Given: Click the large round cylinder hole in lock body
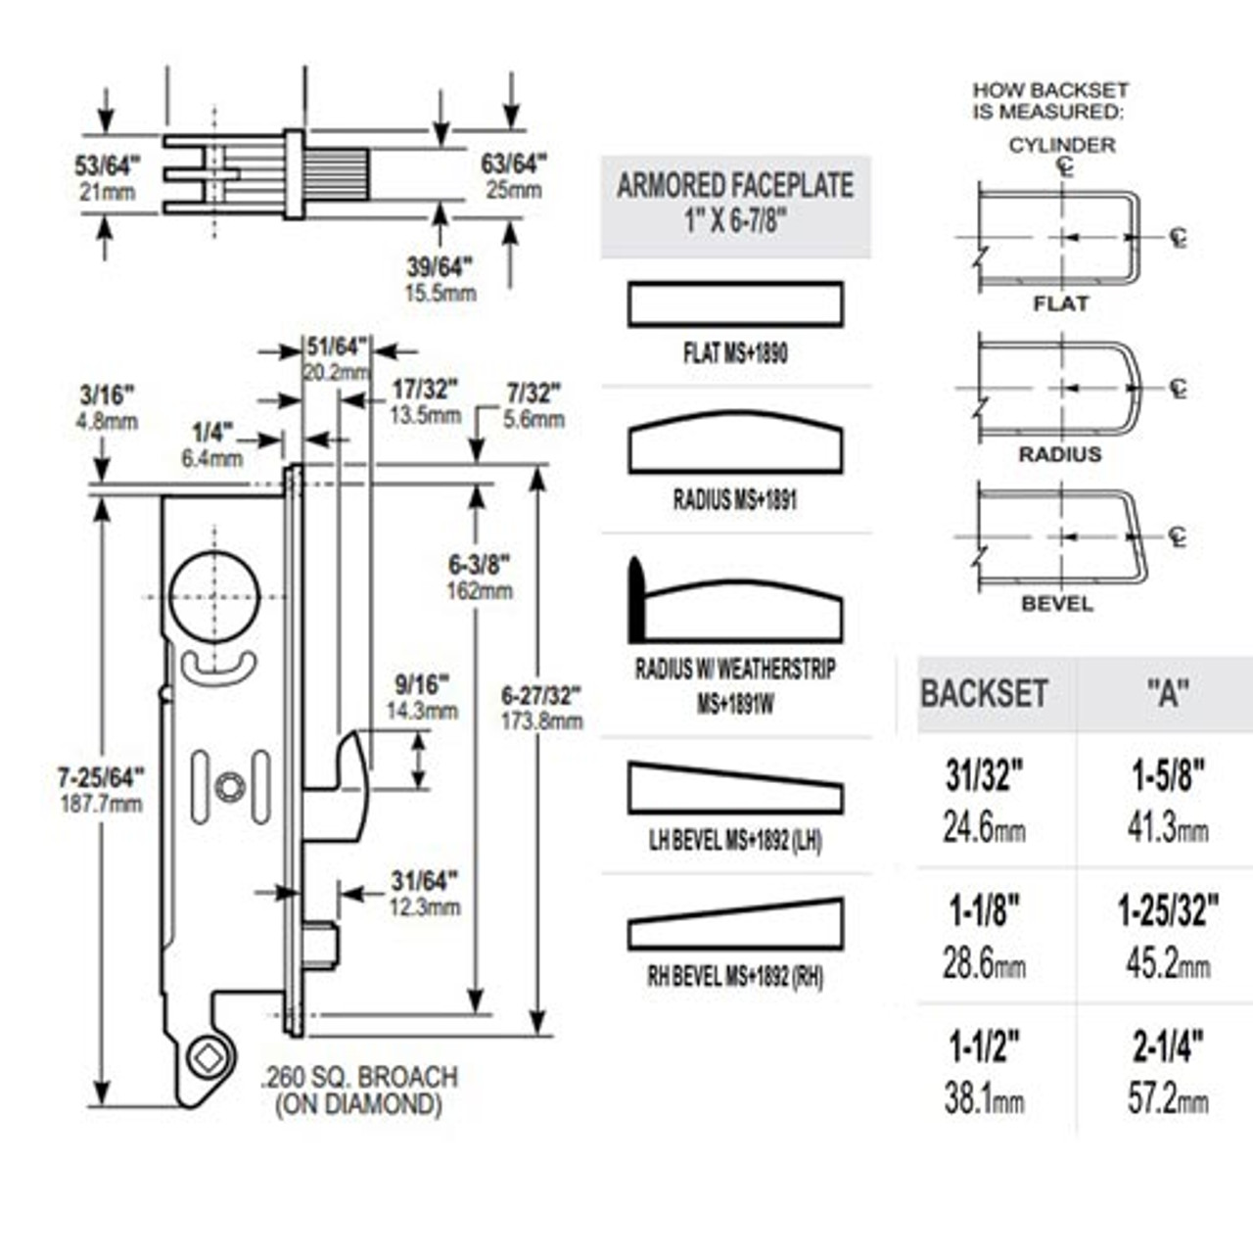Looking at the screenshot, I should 214,596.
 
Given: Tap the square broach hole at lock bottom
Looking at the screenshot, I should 209,1059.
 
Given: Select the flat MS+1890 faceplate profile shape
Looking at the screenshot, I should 735,304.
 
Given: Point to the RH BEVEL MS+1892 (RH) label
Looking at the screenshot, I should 735,976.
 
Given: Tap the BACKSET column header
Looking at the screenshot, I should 984,694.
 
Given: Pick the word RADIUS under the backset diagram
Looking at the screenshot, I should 1059,455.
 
